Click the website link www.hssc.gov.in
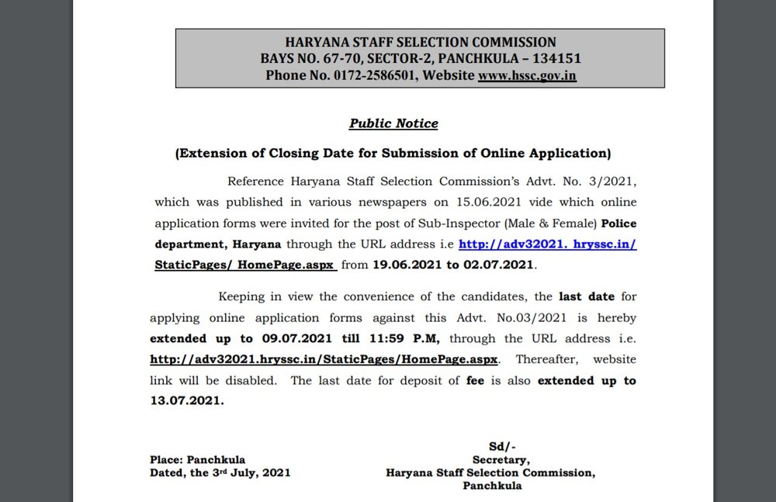pos(527,76)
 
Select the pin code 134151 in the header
pos(555,59)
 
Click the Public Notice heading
pos(393,123)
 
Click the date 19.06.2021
pos(416,265)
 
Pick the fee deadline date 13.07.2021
pos(186,400)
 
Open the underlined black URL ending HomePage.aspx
pos(325,359)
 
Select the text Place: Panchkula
pos(197,459)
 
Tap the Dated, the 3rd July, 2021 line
pos(220,473)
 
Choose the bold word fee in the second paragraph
pos(475,380)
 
